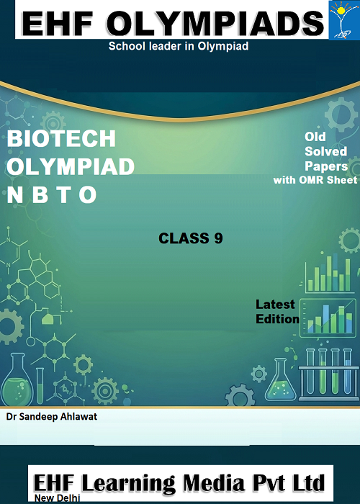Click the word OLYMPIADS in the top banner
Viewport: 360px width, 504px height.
215,23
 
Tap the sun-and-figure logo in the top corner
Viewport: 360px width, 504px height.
344,20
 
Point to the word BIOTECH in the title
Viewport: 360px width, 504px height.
61,138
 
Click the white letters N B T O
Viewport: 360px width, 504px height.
52,194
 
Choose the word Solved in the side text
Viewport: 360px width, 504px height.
325,151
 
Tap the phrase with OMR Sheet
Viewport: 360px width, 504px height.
315,180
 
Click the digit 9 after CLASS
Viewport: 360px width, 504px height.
218,238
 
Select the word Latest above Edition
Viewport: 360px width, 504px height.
275,304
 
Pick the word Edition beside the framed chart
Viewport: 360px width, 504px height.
278,319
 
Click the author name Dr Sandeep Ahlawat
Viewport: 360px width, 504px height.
52,417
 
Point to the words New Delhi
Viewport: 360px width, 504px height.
57,498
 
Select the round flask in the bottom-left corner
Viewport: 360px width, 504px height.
17,379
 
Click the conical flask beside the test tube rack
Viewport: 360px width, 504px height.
280,380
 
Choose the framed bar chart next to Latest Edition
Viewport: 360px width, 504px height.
328,318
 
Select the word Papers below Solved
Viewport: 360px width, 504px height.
326,166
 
